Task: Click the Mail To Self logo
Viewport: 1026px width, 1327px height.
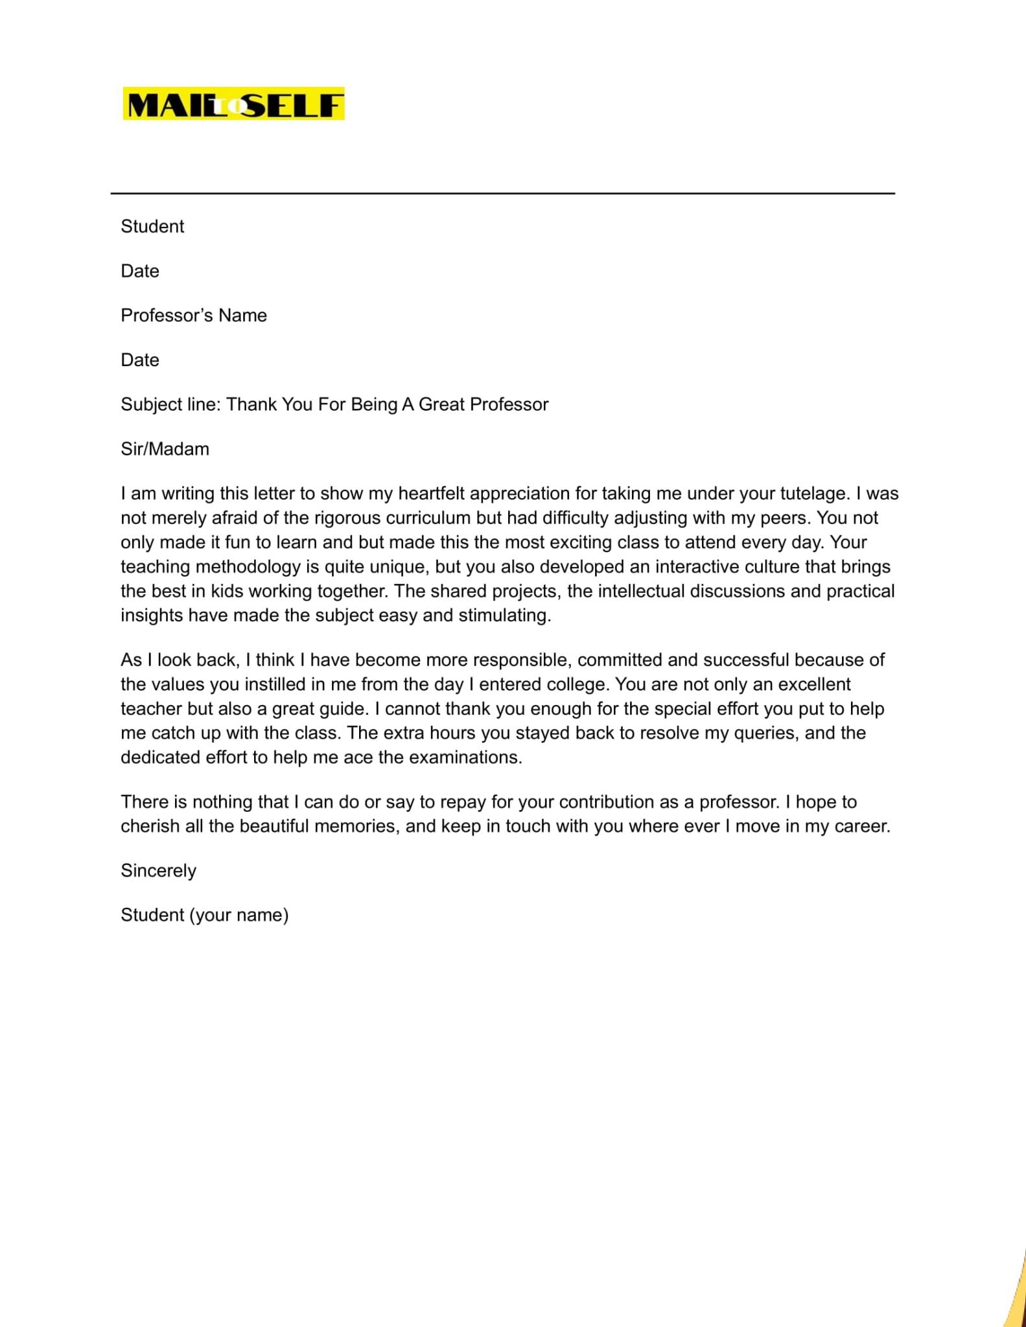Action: click(x=233, y=104)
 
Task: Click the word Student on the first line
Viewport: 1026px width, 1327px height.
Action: click(x=152, y=226)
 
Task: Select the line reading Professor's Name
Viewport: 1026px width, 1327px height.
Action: click(x=194, y=316)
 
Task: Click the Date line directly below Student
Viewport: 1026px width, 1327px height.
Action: click(x=140, y=271)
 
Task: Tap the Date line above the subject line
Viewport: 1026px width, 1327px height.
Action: click(x=140, y=360)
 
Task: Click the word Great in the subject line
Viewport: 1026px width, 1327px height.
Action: click(x=442, y=404)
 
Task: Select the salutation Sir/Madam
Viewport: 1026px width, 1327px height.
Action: click(x=165, y=449)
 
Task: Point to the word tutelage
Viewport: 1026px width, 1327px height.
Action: click(x=813, y=494)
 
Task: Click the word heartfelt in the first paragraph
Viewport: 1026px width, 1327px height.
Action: click(x=432, y=494)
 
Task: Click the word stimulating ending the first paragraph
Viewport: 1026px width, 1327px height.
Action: click(x=504, y=616)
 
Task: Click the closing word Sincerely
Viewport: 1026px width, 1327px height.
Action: click(x=158, y=871)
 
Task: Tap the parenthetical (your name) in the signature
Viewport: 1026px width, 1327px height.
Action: click(x=239, y=915)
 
